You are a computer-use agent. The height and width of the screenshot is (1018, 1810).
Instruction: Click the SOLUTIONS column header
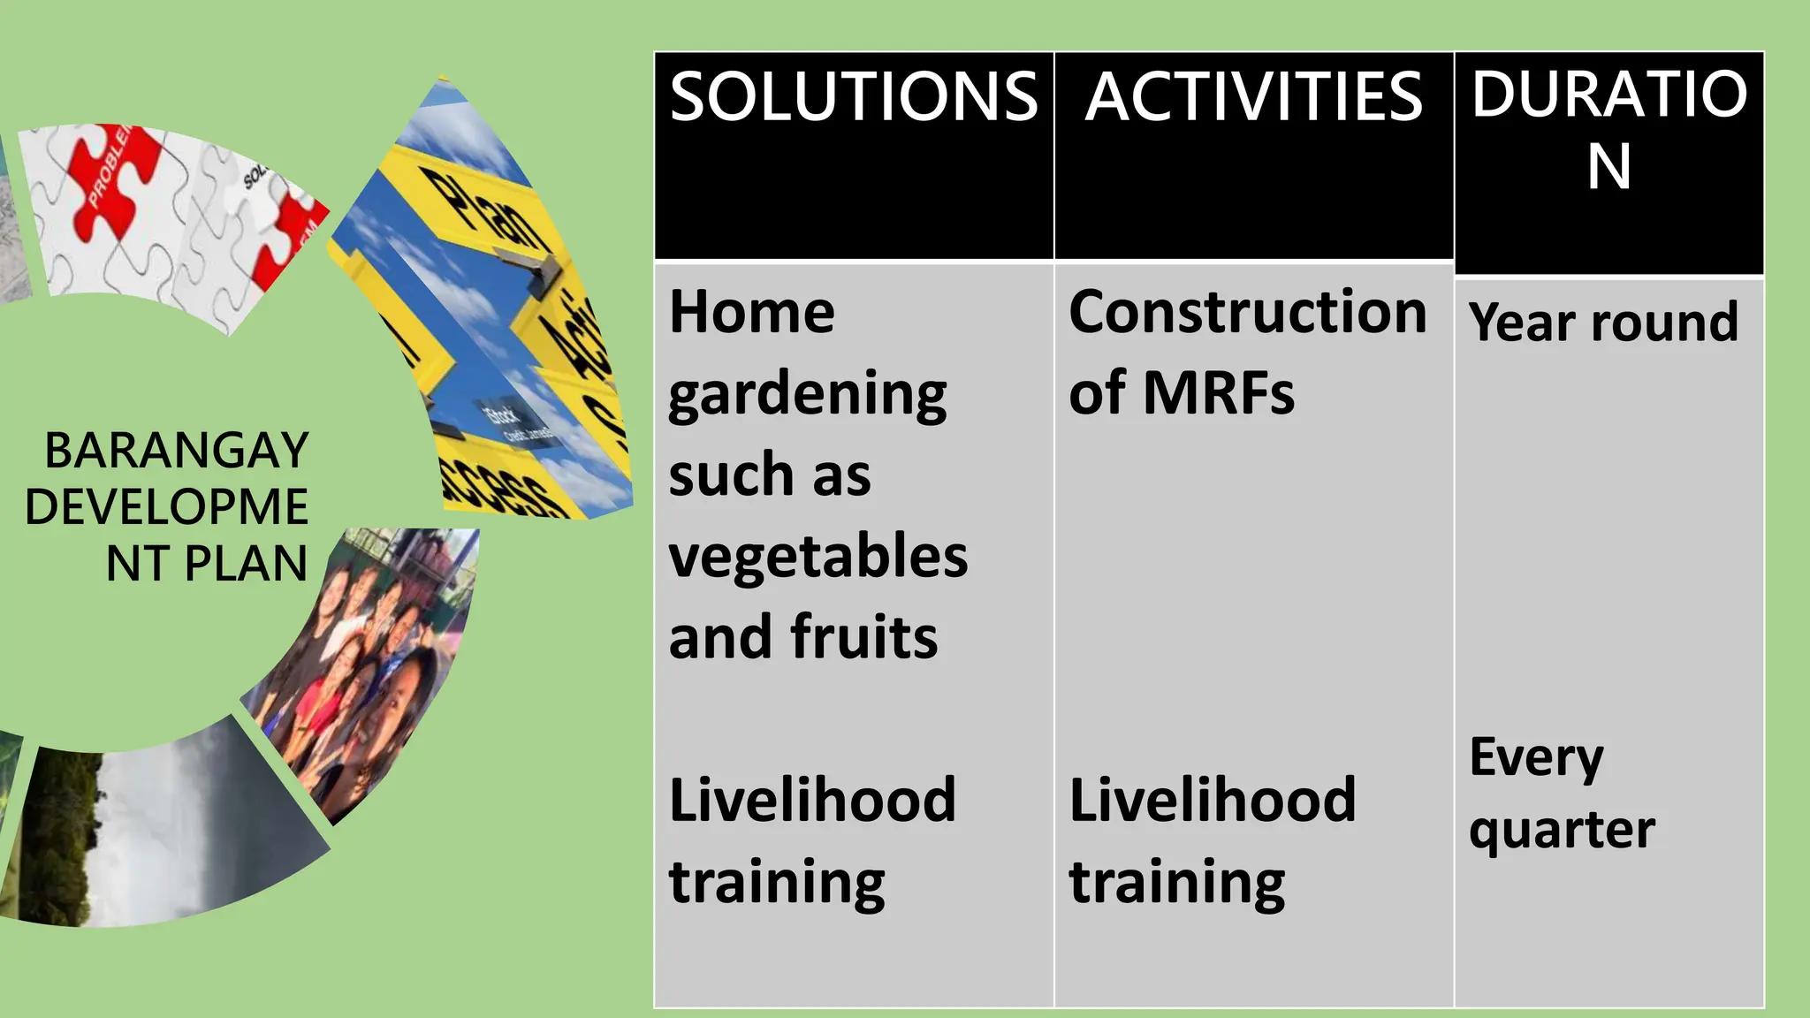coord(854,96)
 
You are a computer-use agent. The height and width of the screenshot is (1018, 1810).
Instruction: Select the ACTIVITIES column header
coord(1253,96)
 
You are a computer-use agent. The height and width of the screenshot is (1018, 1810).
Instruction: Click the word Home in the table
coord(751,312)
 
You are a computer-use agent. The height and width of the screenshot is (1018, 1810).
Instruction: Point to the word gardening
coord(807,395)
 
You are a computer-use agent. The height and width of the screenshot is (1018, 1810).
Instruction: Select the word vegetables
coord(818,557)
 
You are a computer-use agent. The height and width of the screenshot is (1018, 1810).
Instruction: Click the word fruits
coord(863,637)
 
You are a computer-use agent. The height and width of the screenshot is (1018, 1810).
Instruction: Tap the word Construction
coord(1248,312)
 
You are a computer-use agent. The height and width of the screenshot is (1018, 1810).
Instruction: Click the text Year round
coord(1603,322)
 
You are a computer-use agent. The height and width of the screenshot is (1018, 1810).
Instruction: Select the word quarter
coord(1562,831)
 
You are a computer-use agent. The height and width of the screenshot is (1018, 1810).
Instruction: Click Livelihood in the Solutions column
coord(812,800)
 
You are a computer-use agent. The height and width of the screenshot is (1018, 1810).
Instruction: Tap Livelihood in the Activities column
coord(1212,800)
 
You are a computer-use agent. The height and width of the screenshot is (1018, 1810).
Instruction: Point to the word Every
coord(1536,758)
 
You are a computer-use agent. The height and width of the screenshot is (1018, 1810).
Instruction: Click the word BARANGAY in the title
coord(177,451)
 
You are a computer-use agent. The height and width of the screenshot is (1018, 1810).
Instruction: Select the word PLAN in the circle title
coord(246,564)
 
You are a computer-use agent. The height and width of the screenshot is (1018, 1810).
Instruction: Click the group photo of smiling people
coord(371,663)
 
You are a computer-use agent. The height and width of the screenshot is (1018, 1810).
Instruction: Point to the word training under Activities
coord(1176,882)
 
